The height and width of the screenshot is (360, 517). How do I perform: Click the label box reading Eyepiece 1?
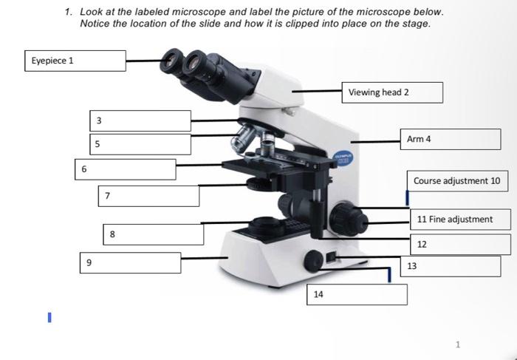tap(75, 61)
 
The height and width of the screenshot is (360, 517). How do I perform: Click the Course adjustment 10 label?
tap(456, 181)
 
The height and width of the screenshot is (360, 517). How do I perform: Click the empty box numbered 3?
tap(141, 120)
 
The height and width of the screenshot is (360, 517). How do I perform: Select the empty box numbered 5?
tap(141, 143)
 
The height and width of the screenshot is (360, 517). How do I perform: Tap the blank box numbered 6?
tap(126, 169)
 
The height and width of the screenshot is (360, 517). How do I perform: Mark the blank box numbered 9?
tap(131, 262)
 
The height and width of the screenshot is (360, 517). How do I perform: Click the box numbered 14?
tap(357, 294)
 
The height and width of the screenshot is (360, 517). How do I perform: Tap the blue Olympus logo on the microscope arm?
tap(340, 158)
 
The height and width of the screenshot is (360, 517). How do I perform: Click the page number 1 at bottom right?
tap(458, 344)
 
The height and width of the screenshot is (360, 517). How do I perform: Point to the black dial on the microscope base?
tap(313, 260)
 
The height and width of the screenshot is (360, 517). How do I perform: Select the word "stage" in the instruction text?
tap(413, 24)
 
